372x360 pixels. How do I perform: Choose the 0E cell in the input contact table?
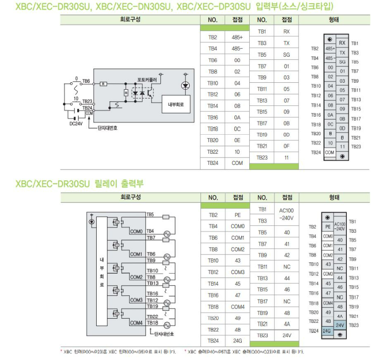tap(237, 140)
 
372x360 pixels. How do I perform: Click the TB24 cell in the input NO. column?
tap(213, 163)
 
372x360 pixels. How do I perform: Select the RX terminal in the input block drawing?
tap(342, 43)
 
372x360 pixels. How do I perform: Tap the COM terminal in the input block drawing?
tap(330, 152)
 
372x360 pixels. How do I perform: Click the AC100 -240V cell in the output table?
tap(287, 214)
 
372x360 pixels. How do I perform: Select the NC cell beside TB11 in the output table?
tap(287, 267)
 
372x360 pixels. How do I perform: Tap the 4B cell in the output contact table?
tap(237, 329)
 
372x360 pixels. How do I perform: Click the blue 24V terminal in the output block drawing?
tap(340, 325)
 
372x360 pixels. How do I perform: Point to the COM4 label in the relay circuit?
tap(136, 323)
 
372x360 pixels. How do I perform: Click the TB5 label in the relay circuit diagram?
tap(150, 215)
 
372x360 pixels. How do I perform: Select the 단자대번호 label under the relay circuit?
tap(164, 334)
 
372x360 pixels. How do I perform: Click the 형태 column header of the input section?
tap(333, 20)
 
